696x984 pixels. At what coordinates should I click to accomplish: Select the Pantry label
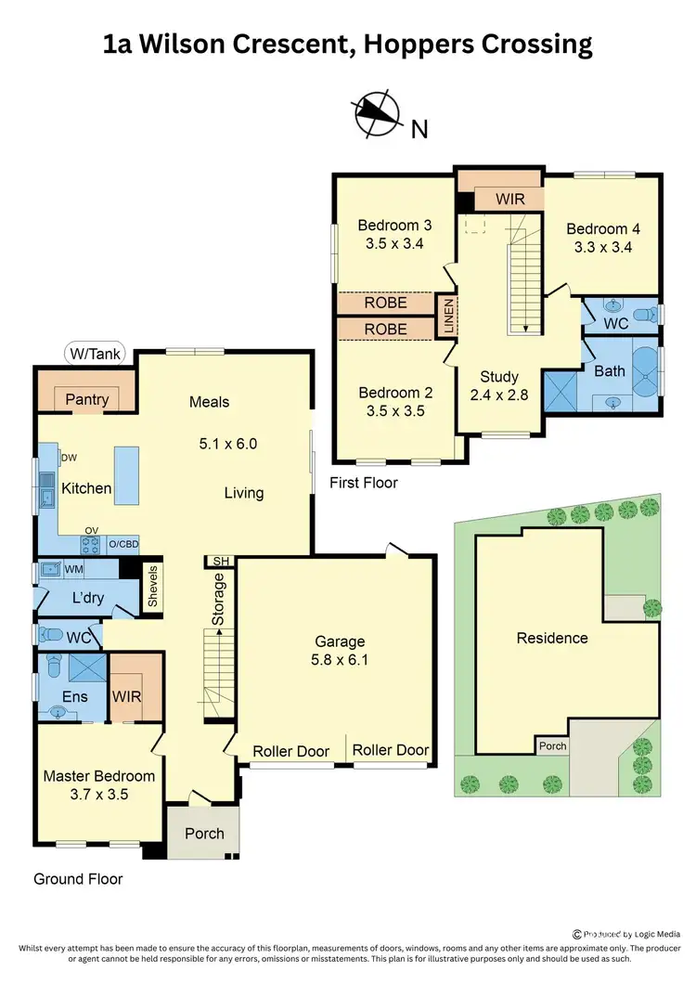point(87,399)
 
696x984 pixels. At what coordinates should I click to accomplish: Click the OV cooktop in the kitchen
point(92,543)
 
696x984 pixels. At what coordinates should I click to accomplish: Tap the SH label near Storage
point(219,561)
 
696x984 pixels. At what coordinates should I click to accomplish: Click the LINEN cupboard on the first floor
point(447,317)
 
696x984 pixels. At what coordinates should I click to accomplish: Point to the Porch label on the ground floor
point(204,833)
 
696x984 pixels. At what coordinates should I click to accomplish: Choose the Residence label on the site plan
point(552,638)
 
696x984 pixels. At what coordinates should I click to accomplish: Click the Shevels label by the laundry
point(154,586)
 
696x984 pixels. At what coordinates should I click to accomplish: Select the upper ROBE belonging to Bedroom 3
point(384,303)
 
